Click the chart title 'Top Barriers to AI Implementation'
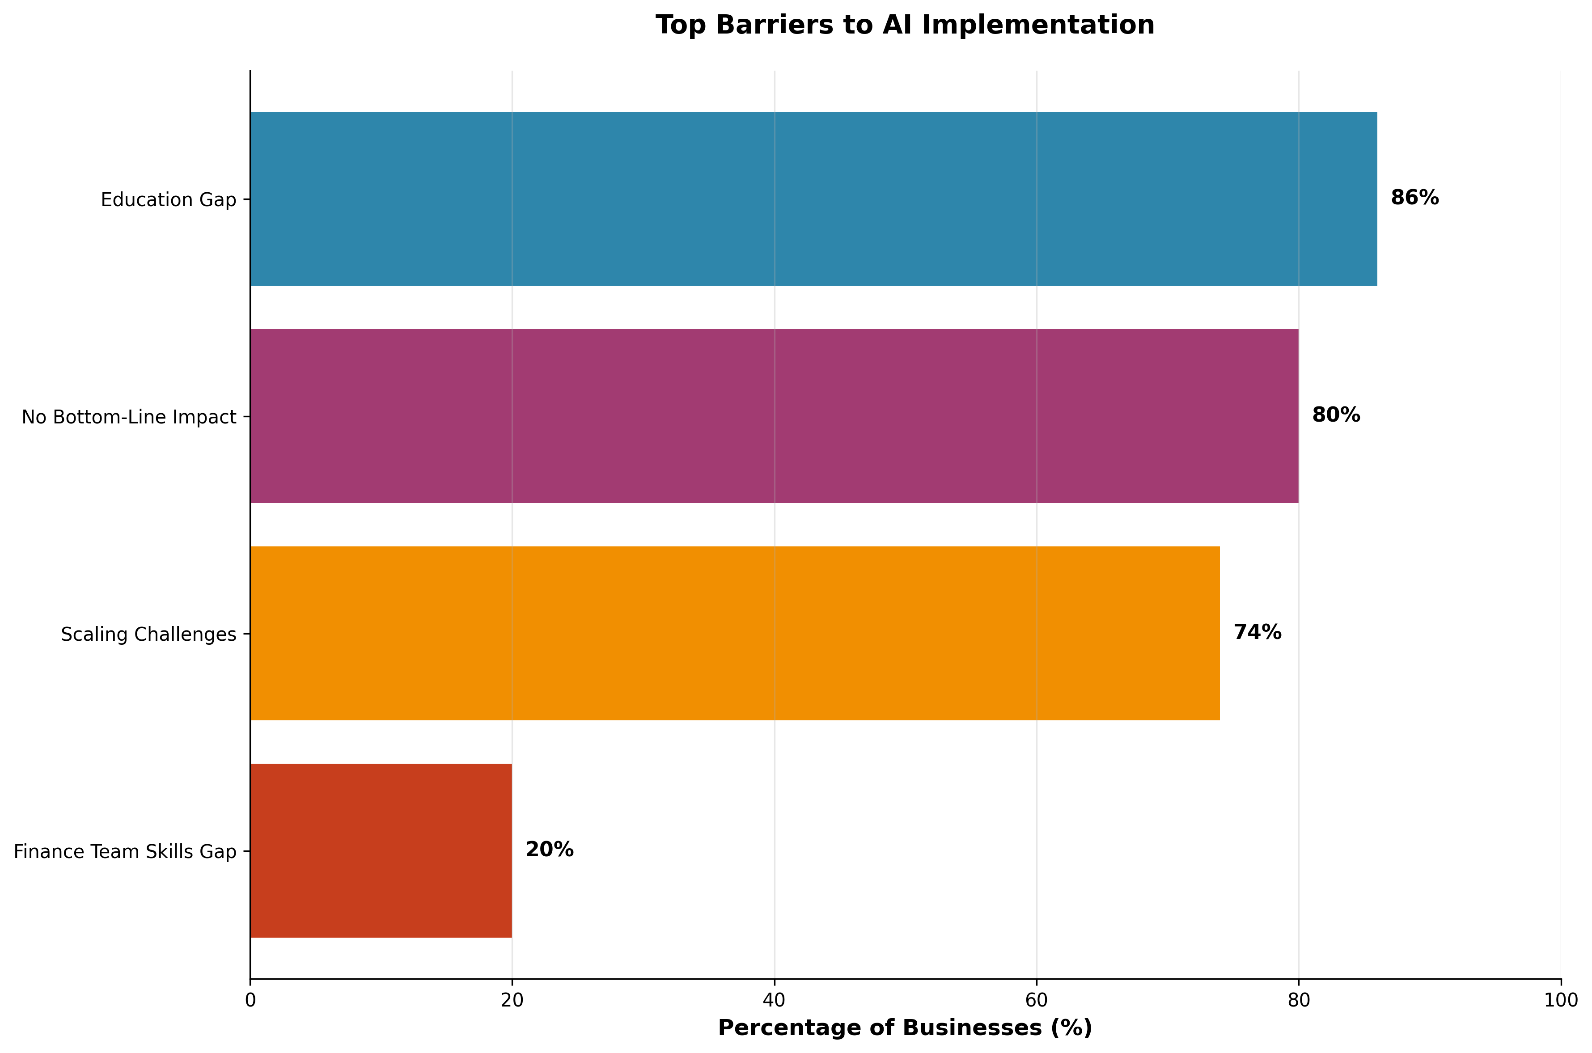904,25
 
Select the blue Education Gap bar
813,199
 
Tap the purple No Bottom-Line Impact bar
774,416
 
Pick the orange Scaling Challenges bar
735,633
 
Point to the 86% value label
1415,198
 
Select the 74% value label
1257,633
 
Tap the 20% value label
549,850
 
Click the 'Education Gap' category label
169,200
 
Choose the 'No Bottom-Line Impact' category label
129,418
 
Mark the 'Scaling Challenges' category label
148,634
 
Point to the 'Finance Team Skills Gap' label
125,852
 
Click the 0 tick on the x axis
250,1001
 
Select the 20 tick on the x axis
512,1001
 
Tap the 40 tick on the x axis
774,1001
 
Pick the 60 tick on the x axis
1036,1001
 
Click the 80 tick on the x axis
1299,1001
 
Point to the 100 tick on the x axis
1560,1001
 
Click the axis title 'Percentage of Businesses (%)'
904,1028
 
